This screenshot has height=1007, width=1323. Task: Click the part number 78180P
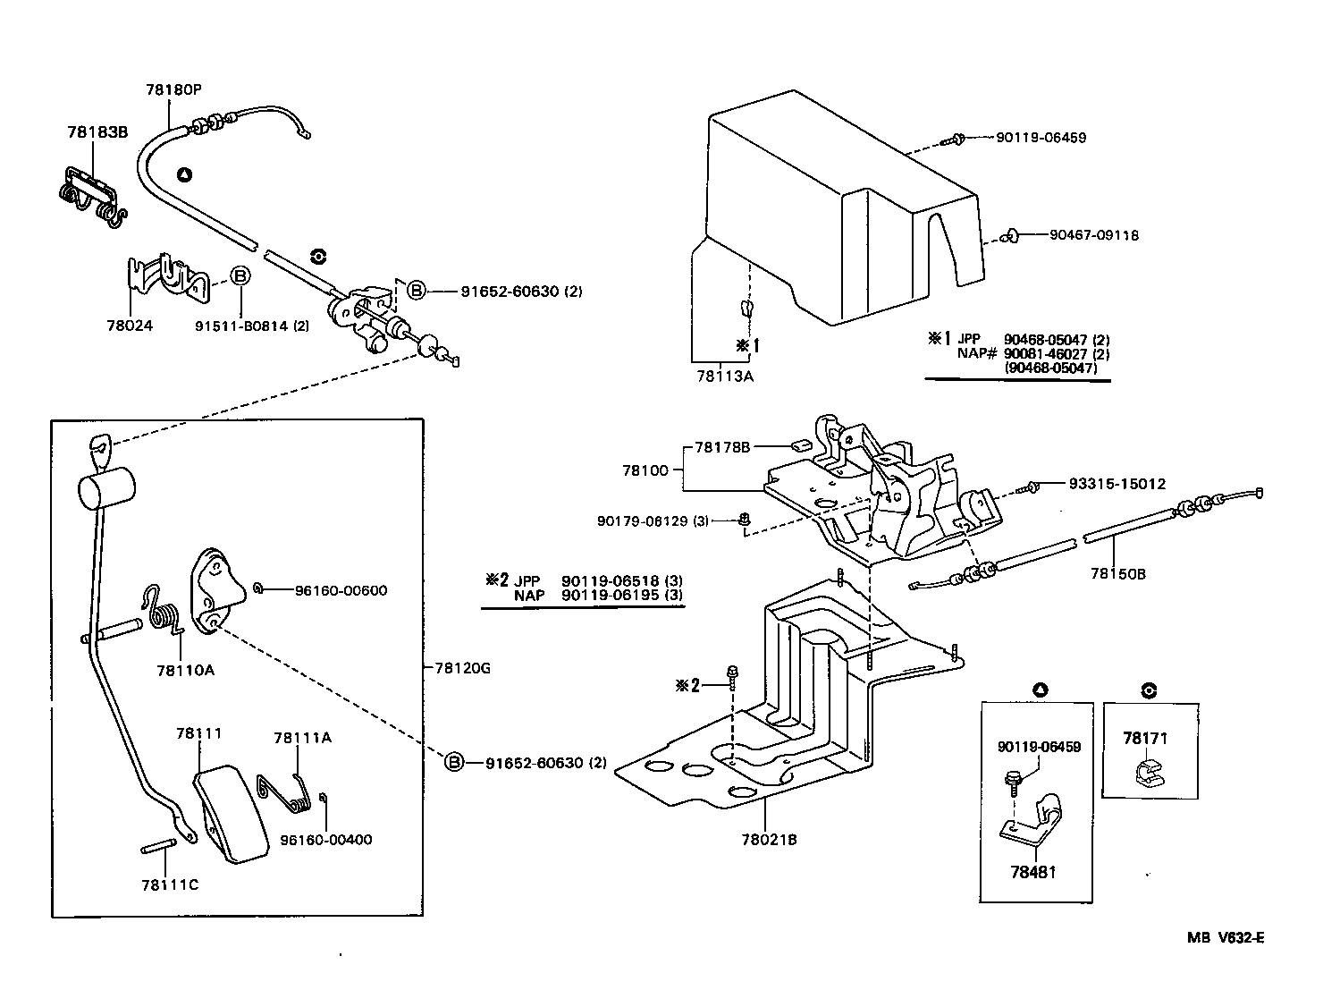pyautogui.click(x=173, y=89)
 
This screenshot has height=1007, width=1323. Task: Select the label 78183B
pyautogui.click(x=97, y=132)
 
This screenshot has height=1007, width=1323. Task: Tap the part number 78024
pyautogui.click(x=130, y=326)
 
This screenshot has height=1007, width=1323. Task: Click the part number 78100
pyautogui.click(x=645, y=470)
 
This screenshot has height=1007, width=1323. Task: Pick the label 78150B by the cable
pyautogui.click(x=1117, y=574)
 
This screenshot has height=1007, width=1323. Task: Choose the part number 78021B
pyautogui.click(x=769, y=840)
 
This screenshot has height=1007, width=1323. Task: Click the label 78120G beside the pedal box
pyautogui.click(x=463, y=667)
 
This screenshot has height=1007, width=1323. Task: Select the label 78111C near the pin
pyautogui.click(x=170, y=884)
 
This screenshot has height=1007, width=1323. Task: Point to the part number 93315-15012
pyautogui.click(x=1117, y=484)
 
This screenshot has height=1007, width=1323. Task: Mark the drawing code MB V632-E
pyautogui.click(x=1225, y=937)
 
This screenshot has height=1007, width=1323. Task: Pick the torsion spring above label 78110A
pyautogui.click(x=163, y=610)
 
